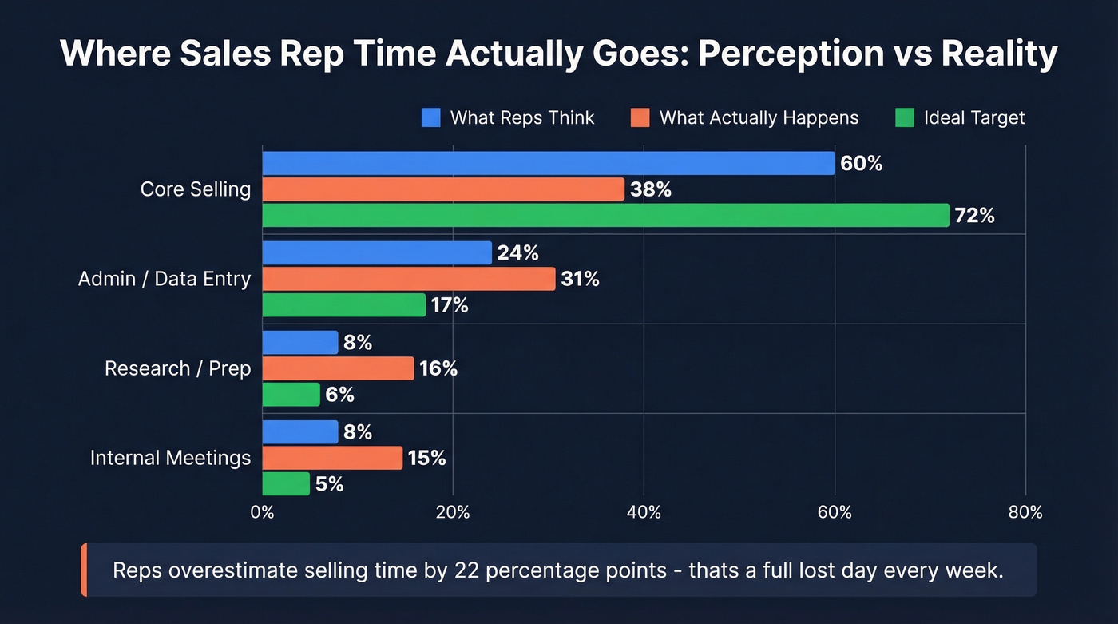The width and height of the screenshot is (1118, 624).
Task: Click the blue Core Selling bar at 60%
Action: (548, 163)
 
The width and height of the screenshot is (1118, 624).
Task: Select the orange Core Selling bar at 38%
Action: (442, 189)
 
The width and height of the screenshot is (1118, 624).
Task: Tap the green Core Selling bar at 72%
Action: (605, 215)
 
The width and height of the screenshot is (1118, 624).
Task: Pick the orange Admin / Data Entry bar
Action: (408, 279)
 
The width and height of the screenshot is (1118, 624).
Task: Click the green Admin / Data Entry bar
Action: (343, 304)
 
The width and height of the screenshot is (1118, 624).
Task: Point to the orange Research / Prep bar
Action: (338, 368)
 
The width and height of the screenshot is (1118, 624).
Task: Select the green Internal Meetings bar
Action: (286, 483)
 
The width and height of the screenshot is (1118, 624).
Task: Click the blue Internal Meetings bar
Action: (299, 432)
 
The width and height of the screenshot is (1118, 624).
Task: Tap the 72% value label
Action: (974, 215)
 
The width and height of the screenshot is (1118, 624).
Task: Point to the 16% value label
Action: (438, 368)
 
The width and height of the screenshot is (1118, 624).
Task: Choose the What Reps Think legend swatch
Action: (431, 118)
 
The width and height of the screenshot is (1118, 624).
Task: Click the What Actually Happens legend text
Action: (759, 118)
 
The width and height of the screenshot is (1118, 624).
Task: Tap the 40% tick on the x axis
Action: (644, 512)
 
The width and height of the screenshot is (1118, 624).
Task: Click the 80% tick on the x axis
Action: (1025, 512)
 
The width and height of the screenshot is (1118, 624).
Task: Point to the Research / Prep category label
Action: (177, 368)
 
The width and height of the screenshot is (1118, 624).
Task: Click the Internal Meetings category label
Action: (170, 458)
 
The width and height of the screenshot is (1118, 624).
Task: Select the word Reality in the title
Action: (999, 54)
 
